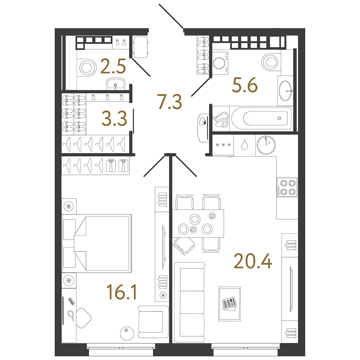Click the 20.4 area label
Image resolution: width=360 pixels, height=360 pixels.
[253, 261]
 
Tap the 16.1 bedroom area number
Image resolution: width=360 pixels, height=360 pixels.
[122, 292]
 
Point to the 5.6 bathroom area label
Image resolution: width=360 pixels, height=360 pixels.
[245, 85]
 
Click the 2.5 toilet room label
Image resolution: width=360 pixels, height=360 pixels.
[113, 66]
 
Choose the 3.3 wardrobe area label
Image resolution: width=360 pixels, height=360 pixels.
[114, 119]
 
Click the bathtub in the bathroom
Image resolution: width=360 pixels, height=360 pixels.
[261, 119]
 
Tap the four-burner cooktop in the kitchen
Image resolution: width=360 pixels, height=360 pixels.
[287, 187]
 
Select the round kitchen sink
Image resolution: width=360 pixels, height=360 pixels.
[266, 145]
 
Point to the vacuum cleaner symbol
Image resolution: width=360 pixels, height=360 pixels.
[221, 119]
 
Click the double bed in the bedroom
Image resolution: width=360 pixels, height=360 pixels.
[97, 243]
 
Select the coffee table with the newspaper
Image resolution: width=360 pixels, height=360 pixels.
[229, 304]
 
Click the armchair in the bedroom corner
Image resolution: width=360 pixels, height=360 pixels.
[153, 321]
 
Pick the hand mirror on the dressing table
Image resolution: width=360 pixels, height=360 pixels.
[71, 315]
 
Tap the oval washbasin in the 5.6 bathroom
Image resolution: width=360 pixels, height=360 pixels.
[286, 91]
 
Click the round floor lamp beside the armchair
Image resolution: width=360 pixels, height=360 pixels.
[127, 333]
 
